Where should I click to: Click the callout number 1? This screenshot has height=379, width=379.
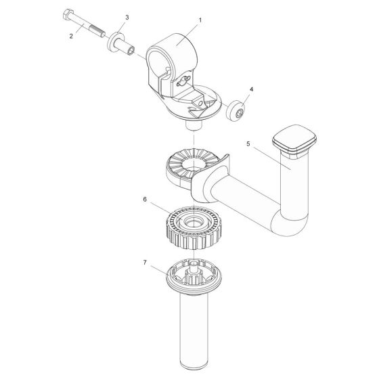199,22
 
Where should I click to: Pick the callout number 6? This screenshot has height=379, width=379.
143,200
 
